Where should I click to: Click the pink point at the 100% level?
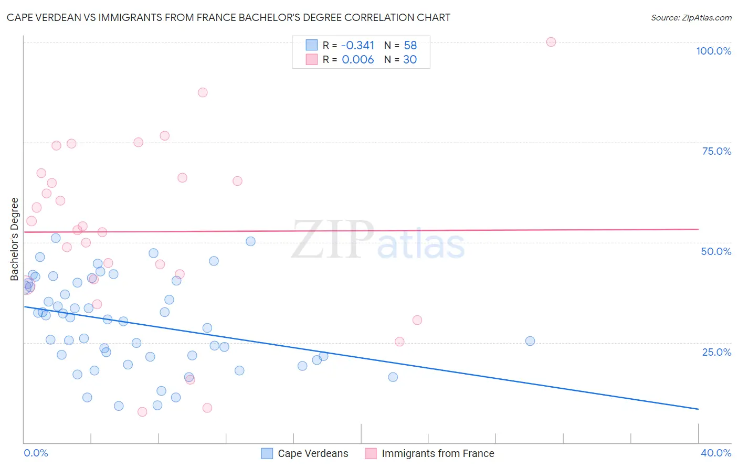click(551, 42)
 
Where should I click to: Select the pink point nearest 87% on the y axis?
click(203, 92)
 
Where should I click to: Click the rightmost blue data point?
click(530, 341)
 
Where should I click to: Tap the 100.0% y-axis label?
click(713, 51)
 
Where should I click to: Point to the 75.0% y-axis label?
click(716, 151)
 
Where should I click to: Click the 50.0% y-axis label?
click(716, 251)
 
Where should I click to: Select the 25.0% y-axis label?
click(716, 352)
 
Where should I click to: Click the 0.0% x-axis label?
click(36, 453)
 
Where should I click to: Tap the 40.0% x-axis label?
click(715, 453)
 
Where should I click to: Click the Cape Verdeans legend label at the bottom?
click(313, 453)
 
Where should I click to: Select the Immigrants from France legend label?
click(438, 453)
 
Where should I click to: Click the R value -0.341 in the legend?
click(357, 46)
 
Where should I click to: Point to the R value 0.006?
click(357, 60)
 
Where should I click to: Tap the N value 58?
click(410, 46)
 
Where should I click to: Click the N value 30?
click(409, 60)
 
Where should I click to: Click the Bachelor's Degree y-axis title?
click(15, 239)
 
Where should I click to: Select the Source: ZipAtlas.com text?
click(691, 18)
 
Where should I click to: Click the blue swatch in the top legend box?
click(312, 45)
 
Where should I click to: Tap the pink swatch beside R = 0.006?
click(312, 59)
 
